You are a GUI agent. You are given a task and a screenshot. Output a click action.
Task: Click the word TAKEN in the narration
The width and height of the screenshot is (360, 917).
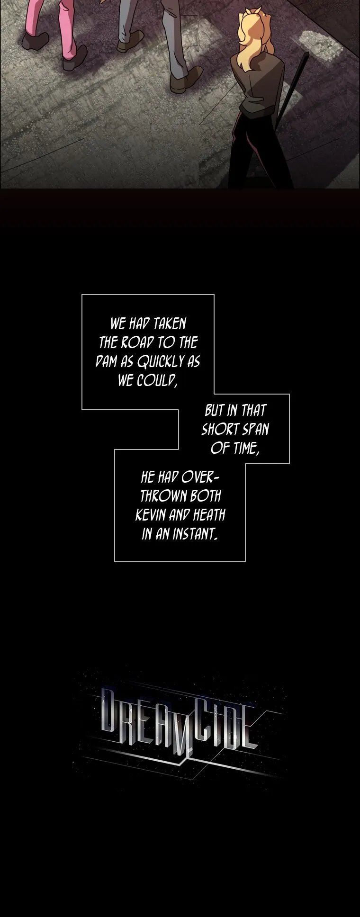pos(169,324)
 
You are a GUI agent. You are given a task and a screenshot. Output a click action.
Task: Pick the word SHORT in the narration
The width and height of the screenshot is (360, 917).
pos(220,429)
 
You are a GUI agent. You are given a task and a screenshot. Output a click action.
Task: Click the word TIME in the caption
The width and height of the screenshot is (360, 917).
pos(246,448)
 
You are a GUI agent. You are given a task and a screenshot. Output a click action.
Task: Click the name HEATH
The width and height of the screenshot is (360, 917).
pos(209,515)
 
